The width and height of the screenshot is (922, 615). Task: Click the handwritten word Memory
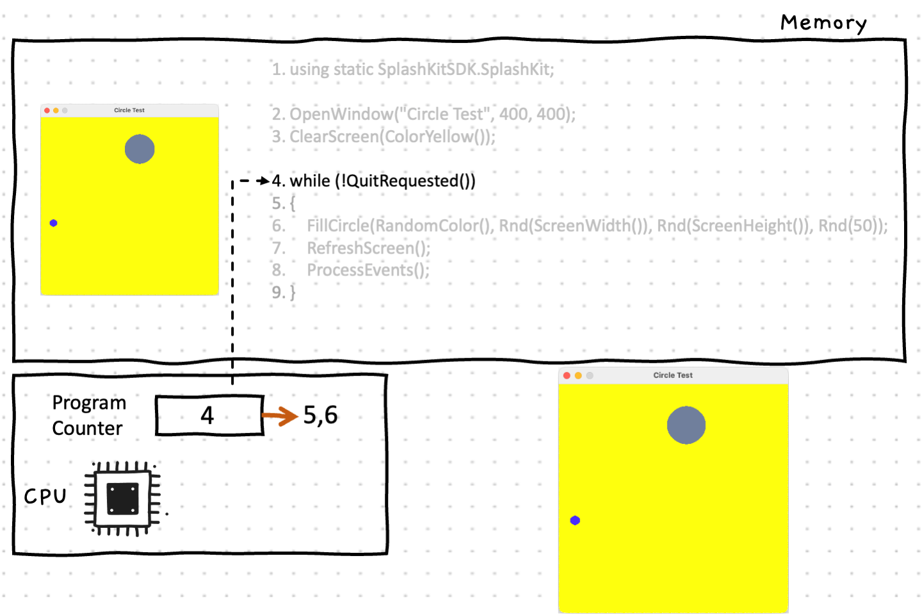point(823,23)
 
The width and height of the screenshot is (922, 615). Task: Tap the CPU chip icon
point(123,498)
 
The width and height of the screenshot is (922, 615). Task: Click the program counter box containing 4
point(209,415)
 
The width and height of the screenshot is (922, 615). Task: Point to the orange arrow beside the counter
point(280,416)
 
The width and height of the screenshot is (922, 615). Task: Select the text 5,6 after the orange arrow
point(320,415)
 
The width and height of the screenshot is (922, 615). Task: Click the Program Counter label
point(88,415)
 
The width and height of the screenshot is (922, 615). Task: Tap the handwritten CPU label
point(45,496)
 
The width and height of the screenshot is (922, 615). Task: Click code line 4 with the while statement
point(374,181)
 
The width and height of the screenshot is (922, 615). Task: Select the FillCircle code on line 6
point(595,225)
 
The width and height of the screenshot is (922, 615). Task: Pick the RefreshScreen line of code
point(368,248)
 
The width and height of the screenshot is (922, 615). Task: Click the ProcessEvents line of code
point(368,270)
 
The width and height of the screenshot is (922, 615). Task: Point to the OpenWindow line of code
point(424,114)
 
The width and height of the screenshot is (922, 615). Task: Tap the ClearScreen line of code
point(384,136)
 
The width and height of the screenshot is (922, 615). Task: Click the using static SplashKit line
point(413,69)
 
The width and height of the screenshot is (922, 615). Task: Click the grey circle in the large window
point(686,425)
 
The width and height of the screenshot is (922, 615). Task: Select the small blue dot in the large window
point(575,520)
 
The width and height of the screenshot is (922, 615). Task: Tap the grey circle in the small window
point(140,149)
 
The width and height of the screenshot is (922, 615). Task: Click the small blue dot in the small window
point(54,223)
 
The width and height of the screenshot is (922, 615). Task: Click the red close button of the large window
point(567,375)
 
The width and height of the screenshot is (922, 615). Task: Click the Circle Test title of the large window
point(673,375)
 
